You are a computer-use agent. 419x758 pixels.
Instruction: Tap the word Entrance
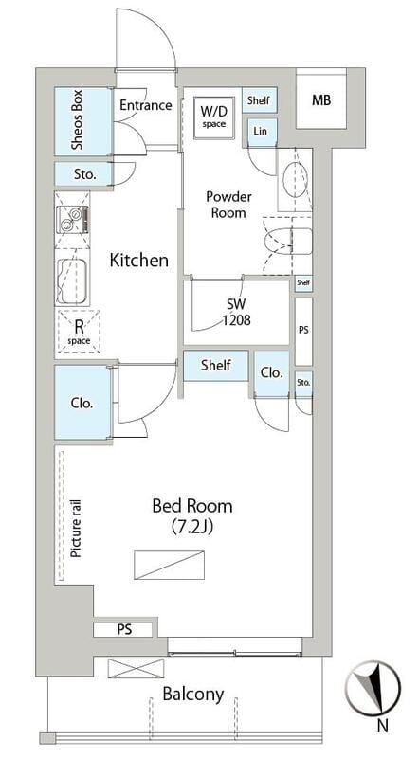coord(146,105)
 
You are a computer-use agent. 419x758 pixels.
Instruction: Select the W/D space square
coord(213,117)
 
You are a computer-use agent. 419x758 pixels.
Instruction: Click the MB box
coord(321,100)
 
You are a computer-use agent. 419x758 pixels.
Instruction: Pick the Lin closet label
coord(260,131)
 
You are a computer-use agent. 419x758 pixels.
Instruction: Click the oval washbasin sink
coord(295,179)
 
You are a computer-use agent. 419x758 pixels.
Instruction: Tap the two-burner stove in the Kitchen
coord(73,219)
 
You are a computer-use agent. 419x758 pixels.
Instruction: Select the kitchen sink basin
coord(72,281)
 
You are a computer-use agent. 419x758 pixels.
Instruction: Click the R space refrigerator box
coord(79,331)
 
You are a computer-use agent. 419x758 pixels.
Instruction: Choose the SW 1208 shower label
coord(236,312)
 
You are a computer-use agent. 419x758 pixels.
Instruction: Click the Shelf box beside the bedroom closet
coord(216,366)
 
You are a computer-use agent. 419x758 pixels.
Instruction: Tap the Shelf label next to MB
coord(259,100)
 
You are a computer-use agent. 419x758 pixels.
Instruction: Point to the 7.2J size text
coord(192,527)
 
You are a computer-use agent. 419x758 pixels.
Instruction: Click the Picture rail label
coord(76,530)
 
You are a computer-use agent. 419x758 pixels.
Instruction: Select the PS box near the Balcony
coord(124,630)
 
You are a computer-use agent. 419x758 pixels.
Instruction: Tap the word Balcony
coord(193,695)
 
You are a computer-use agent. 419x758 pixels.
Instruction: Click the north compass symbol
coord(373,688)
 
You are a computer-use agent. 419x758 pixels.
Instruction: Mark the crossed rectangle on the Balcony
coord(136,668)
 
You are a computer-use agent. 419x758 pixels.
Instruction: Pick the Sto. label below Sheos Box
coord(85,174)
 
